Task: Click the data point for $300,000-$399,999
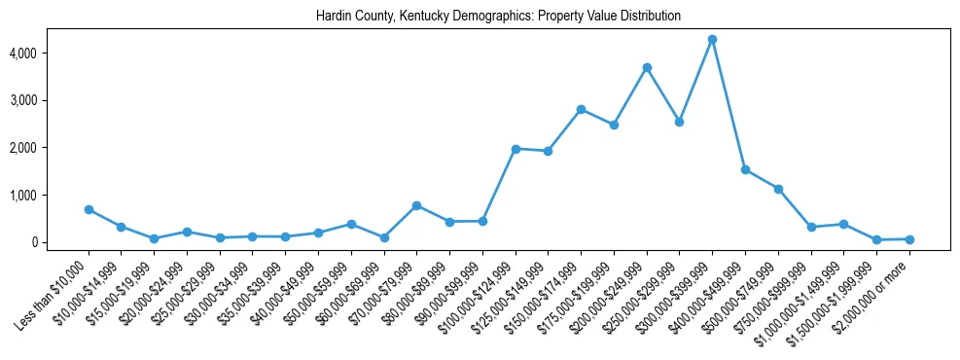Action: tap(712, 39)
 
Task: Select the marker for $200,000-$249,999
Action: tap(647, 67)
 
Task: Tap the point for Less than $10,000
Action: tap(89, 209)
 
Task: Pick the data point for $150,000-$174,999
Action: tap(581, 109)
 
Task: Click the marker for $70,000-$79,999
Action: tap(416, 205)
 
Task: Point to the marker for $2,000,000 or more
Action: tap(909, 238)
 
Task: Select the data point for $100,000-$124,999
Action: tap(516, 149)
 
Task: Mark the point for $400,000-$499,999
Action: tap(745, 169)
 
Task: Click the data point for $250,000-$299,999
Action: tap(679, 122)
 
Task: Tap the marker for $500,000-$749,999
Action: tap(778, 189)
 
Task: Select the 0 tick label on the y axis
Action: tap(60, 242)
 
